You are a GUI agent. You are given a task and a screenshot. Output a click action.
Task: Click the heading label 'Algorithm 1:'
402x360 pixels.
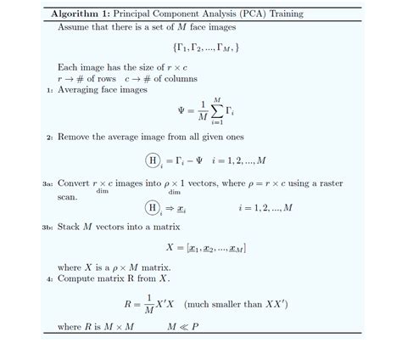click(x=81, y=14)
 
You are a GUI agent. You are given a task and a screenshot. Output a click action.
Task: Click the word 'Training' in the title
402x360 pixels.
click(x=281, y=14)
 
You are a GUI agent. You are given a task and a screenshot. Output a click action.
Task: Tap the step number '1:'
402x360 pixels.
click(x=50, y=90)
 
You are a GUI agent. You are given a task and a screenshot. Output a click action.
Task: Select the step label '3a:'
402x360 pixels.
click(x=47, y=183)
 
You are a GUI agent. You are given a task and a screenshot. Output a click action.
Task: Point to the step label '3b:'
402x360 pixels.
click(x=47, y=228)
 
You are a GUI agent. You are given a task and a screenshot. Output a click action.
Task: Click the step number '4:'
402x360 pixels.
click(x=50, y=278)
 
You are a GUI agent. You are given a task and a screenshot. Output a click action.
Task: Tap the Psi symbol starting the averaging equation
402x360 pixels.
click(x=181, y=110)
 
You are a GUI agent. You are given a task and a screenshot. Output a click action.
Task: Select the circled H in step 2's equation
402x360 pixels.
click(x=154, y=160)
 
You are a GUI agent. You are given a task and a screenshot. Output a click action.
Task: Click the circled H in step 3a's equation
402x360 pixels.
click(x=154, y=207)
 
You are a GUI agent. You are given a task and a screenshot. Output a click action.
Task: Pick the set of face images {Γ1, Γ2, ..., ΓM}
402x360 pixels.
click(x=204, y=48)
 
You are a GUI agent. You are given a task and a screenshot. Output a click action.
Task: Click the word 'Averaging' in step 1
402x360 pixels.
click(x=83, y=89)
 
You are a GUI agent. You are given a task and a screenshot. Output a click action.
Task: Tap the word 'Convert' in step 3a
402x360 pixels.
click(x=76, y=183)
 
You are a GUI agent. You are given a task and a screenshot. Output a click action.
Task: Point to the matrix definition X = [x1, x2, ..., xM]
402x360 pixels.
click(x=206, y=248)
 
